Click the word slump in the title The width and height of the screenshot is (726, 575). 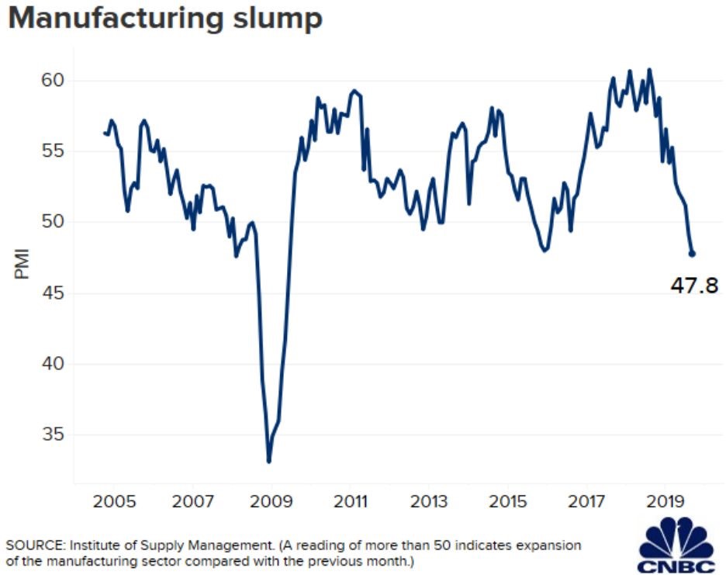(x=276, y=19)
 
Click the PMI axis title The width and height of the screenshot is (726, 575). (x=22, y=264)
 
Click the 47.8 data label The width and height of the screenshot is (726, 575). (x=694, y=286)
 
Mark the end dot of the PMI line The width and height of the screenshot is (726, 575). (x=692, y=254)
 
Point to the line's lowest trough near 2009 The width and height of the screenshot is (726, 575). (x=269, y=462)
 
